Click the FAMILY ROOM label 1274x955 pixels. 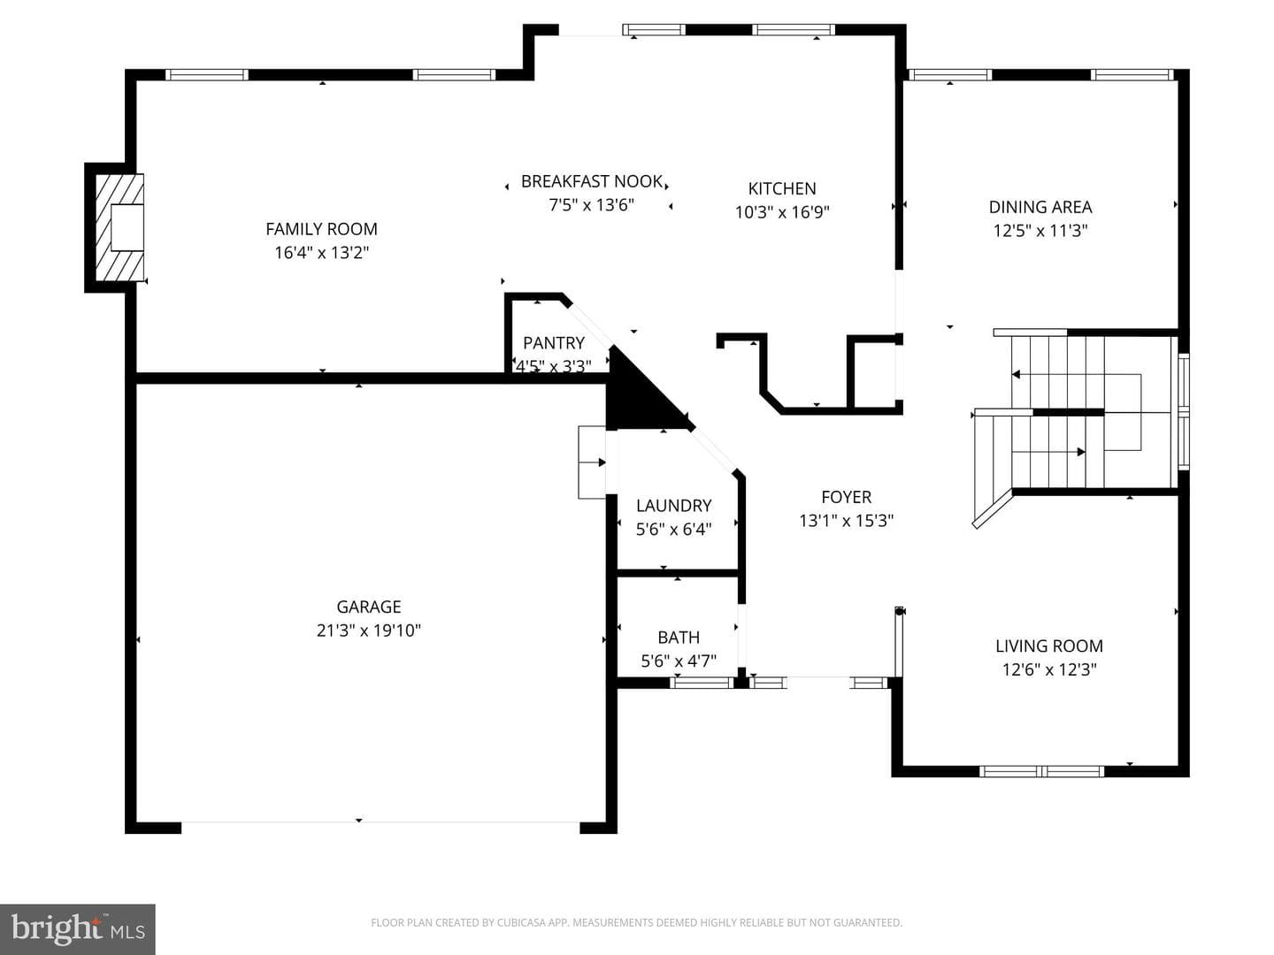[x=321, y=229]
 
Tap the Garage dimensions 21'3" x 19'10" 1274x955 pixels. [x=369, y=630]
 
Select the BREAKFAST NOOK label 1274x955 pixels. [x=592, y=181]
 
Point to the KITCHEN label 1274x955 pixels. [x=782, y=188]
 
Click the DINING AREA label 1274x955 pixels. [x=1040, y=207]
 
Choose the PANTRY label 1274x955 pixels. [x=554, y=343]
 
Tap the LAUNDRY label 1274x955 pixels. [x=673, y=506]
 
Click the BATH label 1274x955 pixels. [x=679, y=638]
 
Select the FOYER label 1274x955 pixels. [x=847, y=497]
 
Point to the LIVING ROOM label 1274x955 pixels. [x=1049, y=646]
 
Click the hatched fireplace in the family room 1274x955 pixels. [x=119, y=228]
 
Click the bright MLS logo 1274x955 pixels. [x=78, y=929]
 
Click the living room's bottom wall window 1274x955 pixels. [x=1042, y=771]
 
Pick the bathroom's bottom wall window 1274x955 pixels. [x=702, y=683]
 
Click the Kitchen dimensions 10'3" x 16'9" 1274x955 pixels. [x=782, y=212]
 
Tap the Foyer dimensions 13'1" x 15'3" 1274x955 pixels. [x=847, y=521]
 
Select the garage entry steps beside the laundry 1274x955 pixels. [x=592, y=462]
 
